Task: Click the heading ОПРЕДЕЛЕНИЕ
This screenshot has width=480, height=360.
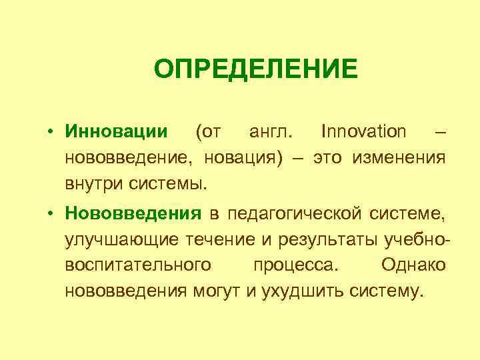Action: click(256, 68)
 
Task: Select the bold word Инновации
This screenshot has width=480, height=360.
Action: click(116, 131)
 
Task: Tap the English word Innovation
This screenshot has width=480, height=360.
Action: click(363, 131)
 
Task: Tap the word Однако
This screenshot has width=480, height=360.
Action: click(414, 265)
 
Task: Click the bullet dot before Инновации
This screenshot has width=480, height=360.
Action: click(51, 132)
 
